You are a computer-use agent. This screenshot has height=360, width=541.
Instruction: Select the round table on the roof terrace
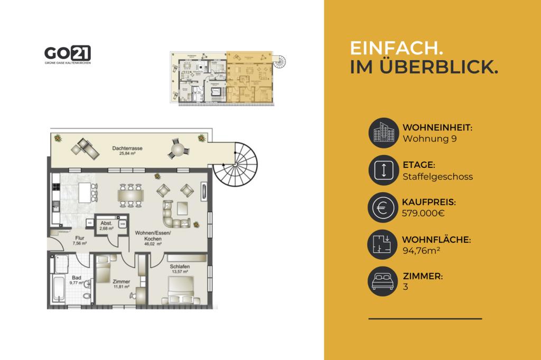click(x=176, y=150)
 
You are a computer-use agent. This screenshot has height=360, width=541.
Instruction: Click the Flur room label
click(x=79, y=238)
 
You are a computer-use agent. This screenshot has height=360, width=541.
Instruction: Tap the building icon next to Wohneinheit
click(x=382, y=133)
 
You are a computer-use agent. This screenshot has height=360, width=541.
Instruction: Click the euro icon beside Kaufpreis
click(x=382, y=207)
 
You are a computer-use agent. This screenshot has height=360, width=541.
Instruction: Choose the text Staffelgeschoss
click(x=437, y=176)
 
